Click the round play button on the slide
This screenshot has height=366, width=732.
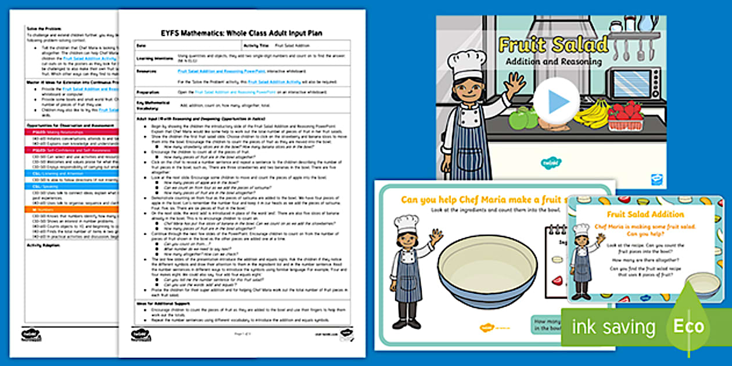pyautogui.click(x=556, y=101)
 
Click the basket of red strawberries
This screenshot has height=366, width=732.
pyautogui.click(x=626, y=117)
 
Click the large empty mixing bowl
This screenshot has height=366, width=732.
pyautogui.click(x=487, y=271)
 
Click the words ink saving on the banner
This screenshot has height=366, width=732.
pyautogui.click(x=613, y=327)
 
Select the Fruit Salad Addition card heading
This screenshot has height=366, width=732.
pyautogui.click(x=645, y=214)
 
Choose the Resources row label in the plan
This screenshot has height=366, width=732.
pyautogui.click(x=147, y=71)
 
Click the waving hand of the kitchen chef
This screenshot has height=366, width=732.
pyautogui.click(x=515, y=83)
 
